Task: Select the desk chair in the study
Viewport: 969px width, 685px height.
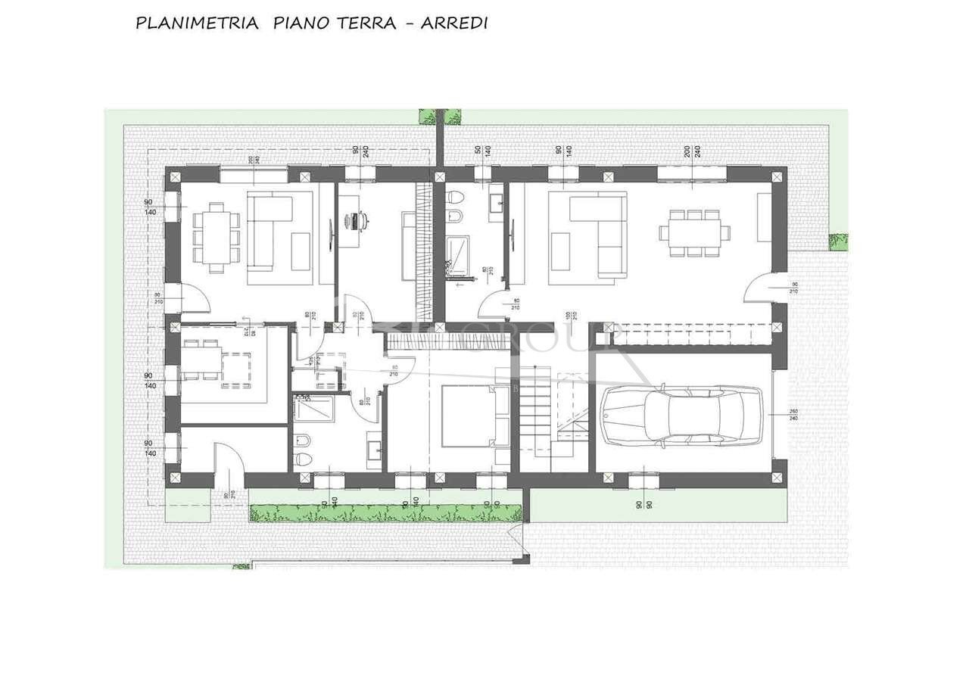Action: pyautogui.click(x=364, y=220)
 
